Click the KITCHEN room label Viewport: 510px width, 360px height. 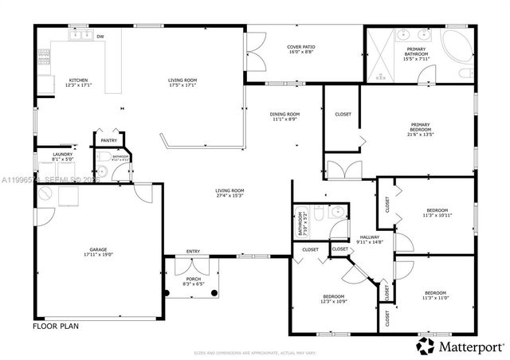(x=78, y=80)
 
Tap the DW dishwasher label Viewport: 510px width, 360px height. (x=100, y=37)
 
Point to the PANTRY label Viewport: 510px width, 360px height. (x=108, y=141)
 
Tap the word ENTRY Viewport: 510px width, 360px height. (x=193, y=252)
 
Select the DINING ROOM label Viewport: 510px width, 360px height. (x=284, y=114)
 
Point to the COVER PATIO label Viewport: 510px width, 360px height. (x=301, y=46)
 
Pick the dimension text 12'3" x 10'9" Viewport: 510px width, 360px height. (x=333, y=301)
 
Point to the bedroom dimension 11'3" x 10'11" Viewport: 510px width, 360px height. (x=436, y=216)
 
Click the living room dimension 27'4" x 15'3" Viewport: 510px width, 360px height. (x=229, y=196)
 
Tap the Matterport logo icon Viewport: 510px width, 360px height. (x=425, y=346)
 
